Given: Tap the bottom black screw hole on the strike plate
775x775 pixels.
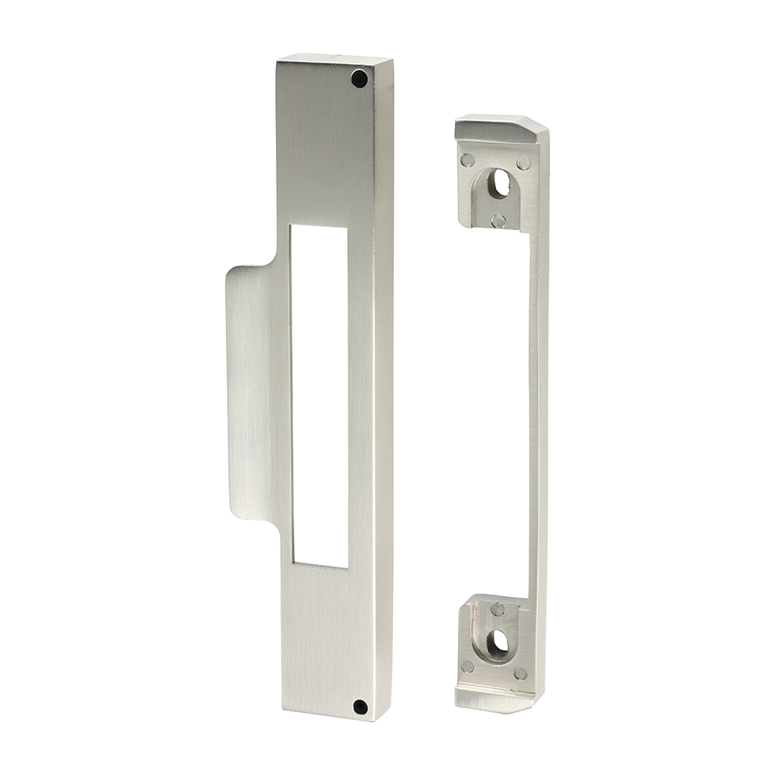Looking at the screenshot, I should [359, 706].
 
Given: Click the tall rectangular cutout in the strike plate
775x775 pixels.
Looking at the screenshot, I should [319, 395].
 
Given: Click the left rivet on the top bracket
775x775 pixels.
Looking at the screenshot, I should [467, 160].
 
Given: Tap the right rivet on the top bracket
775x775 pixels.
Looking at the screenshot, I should [523, 163].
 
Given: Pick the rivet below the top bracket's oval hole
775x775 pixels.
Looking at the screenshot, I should [498, 221].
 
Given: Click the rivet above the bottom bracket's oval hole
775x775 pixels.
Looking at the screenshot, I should [497, 609].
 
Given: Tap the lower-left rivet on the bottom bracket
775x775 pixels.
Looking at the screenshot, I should [467, 666].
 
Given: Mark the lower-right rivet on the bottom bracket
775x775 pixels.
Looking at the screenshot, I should [521, 674].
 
